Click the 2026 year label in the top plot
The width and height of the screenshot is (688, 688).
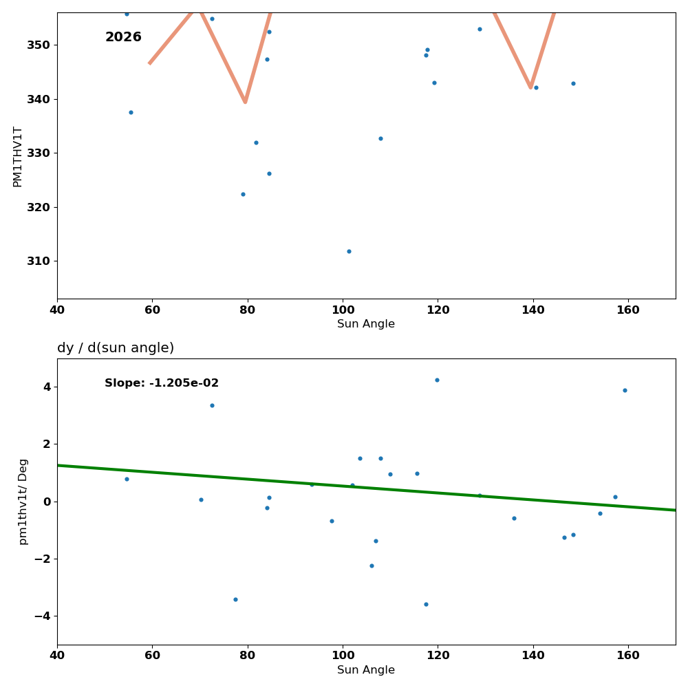point(123,37)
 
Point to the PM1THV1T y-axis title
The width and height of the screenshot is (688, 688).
point(18,156)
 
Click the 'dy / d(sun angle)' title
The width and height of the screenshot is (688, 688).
point(116,348)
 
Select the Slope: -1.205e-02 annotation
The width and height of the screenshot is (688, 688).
point(162,383)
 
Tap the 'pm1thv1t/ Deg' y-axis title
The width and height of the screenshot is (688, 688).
point(23,502)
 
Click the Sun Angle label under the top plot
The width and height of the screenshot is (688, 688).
point(366,324)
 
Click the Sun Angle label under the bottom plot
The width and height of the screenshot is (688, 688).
point(366,670)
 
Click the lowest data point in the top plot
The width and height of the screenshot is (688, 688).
point(349,251)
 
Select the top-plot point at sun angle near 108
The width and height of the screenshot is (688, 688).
point(380,138)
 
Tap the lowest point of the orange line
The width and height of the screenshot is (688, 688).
point(245,102)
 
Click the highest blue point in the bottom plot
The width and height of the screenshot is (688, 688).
point(437,380)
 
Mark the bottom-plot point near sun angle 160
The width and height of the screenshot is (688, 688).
point(625,390)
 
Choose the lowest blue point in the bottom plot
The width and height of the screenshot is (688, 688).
point(426,604)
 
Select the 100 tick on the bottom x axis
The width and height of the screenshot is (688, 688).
point(343,656)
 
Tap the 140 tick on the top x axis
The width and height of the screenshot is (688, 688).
point(533,310)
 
